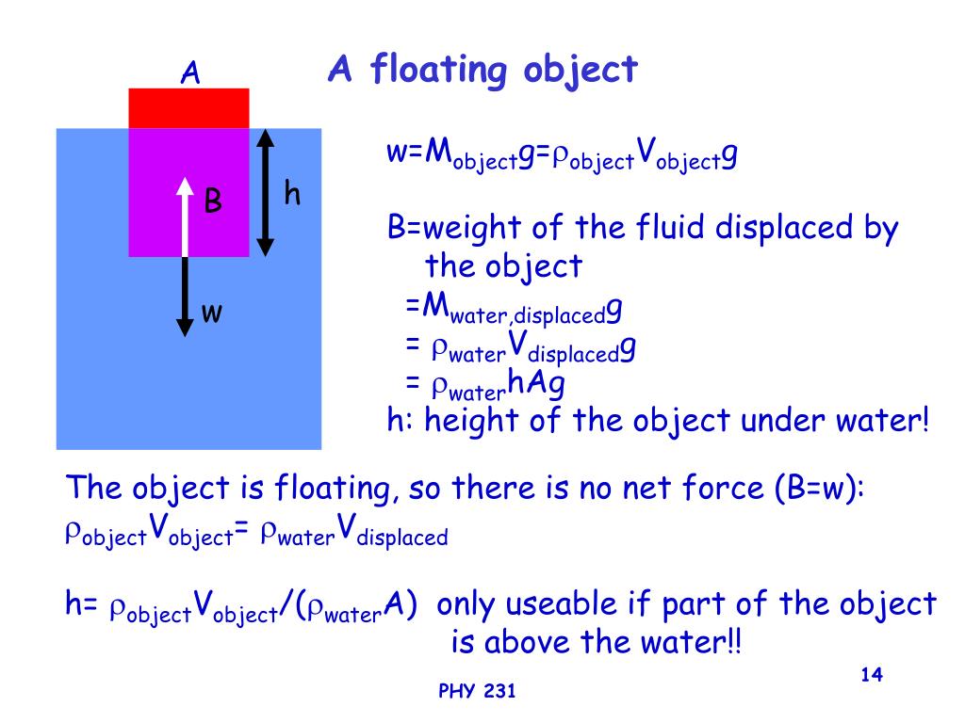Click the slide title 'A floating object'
pyautogui.click(x=482, y=70)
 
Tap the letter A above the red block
pyautogui.click(x=189, y=72)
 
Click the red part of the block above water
pyautogui.click(x=188, y=107)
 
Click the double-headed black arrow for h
pyautogui.click(x=266, y=192)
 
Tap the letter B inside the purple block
pyautogui.click(x=214, y=201)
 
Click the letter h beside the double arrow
pyautogui.click(x=292, y=194)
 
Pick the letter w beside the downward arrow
pyautogui.click(x=212, y=313)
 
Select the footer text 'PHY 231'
pyautogui.click(x=478, y=693)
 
